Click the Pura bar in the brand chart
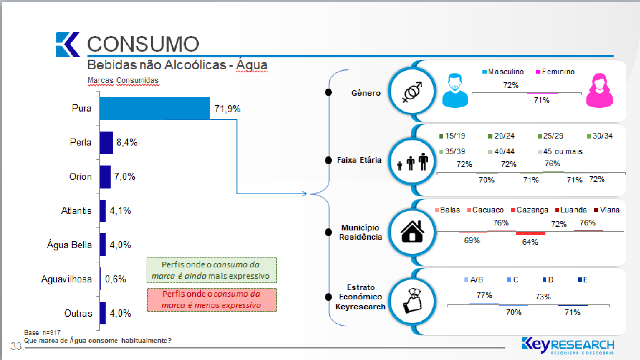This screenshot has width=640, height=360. tap(155, 108)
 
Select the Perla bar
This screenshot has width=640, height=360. tap(106, 143)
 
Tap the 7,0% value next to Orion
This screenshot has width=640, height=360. tap(125, 177)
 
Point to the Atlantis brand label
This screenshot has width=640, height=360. tap(76, 211)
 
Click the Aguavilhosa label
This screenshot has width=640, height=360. tap(67, 279)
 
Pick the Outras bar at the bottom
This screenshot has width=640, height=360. tap(103, 313)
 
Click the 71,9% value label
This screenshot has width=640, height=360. tap(227, 109)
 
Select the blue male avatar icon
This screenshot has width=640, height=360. tap(455, 90)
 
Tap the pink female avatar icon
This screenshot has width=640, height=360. tap(599, 90)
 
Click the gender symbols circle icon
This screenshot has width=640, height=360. tap(412, 91)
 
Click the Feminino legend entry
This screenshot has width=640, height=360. tap(555, 72)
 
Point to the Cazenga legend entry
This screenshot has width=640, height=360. tap(529, 210)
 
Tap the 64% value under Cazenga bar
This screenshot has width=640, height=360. tap(530, 242)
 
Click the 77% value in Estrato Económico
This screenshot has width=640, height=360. tap(484, 295)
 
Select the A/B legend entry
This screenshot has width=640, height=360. tap(473, 280)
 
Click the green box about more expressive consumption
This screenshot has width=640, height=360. tap(212, 270)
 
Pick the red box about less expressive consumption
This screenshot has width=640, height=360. tap(212, 300)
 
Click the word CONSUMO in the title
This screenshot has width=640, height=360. tap(143, 44)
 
